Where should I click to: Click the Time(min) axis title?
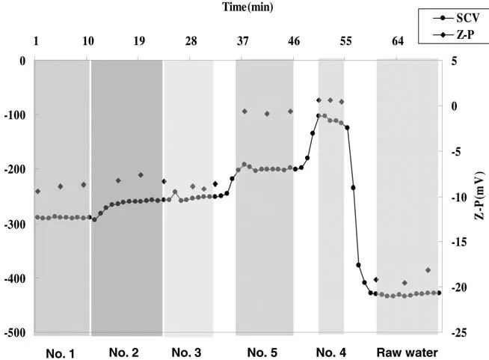tap(247, 7)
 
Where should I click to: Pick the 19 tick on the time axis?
tap(139, 42)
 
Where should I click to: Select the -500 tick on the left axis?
tap(15, 332)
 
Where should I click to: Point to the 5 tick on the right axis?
tap(454, 61)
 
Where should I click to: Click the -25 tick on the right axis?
tap(456, 332)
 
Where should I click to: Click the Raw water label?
tap(407, 352)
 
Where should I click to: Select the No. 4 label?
tap(330, 352)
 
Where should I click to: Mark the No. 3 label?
tap(186, 352)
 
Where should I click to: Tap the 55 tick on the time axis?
tap(345, 42)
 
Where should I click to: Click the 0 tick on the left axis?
tap(22, 61)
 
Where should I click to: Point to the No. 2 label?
tap(123, 352)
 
